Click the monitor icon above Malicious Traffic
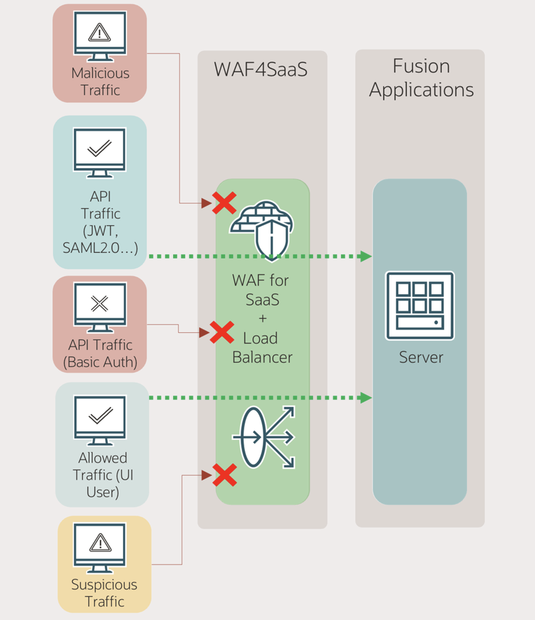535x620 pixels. pos(100,35)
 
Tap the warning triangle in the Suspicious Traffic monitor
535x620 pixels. pos(100,542)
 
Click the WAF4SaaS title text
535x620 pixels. pos(261,70)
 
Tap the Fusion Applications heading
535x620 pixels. pos(421,78)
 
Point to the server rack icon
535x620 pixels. pos(420,305)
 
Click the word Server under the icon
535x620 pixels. pos(420,357)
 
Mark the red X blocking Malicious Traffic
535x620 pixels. pos(224,203)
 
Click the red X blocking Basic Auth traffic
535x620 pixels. pos(222,333)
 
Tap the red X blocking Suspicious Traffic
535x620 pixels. pos(225,475)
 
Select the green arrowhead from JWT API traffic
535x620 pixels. pos(365,256)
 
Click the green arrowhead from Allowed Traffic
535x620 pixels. pos(365,397)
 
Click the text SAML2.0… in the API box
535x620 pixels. pos(100,248)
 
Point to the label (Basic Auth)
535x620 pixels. pos(100,362)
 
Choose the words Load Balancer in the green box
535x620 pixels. pos(262,348)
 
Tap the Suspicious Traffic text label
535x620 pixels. pos(104,593)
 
